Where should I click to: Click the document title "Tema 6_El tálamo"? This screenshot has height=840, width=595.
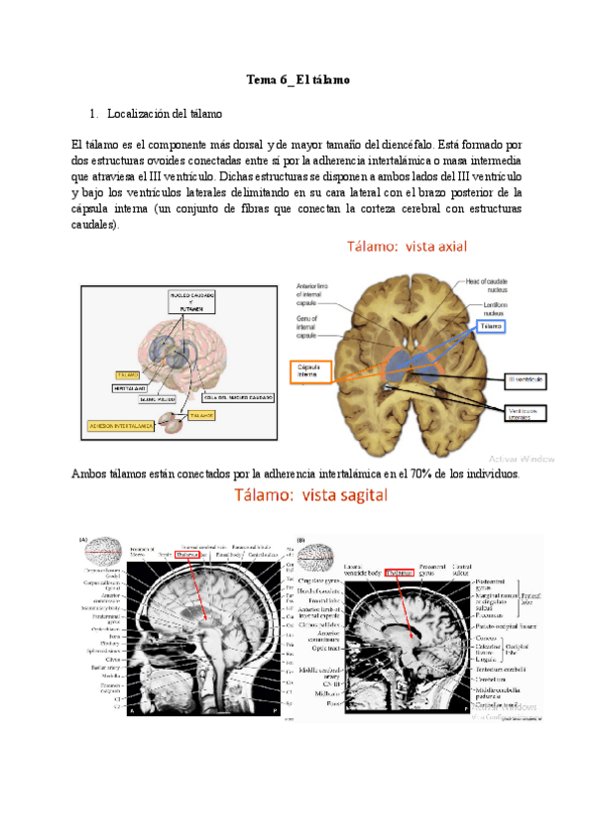(297, 78)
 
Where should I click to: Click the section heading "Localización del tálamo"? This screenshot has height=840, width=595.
(165, 114)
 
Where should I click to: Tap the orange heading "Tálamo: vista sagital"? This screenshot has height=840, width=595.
(309, 493)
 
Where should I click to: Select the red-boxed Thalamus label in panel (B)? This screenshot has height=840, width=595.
(402, 572)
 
